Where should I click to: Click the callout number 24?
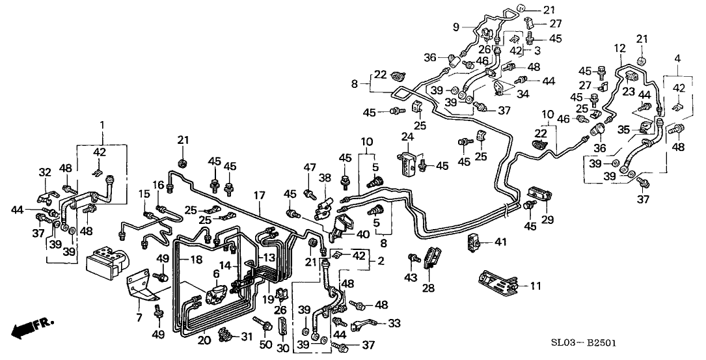(x=407, y=137)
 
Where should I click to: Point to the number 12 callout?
(x=619, y=48)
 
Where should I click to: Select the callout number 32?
(x=44, y=173)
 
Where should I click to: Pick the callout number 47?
(x=309, y=168)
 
